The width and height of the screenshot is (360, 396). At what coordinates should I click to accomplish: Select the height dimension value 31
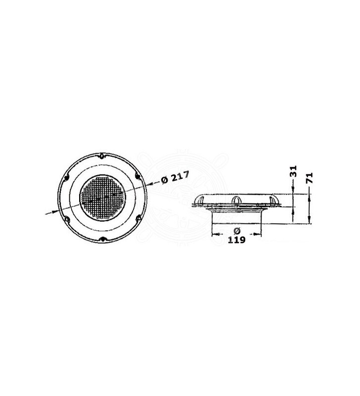pyautogui.click(x=293, y=172)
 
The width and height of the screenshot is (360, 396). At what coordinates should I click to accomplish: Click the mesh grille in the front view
pyautogui.click(x=103, y=197)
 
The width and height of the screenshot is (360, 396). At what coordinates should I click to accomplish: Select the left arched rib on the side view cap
pyautogui.click(x=201, y=200)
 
